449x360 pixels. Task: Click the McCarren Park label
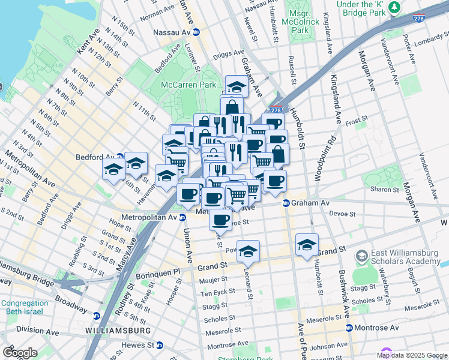188,85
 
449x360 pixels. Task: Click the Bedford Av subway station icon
120,157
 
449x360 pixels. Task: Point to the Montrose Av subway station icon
349,328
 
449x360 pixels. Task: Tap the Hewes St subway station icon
160,346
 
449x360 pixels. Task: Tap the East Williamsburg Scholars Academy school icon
362,257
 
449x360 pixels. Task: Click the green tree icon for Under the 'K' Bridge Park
394,7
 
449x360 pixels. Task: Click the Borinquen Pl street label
160,271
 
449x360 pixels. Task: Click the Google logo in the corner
20,352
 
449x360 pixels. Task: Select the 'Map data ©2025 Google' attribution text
412,355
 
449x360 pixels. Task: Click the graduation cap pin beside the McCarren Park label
237,85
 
